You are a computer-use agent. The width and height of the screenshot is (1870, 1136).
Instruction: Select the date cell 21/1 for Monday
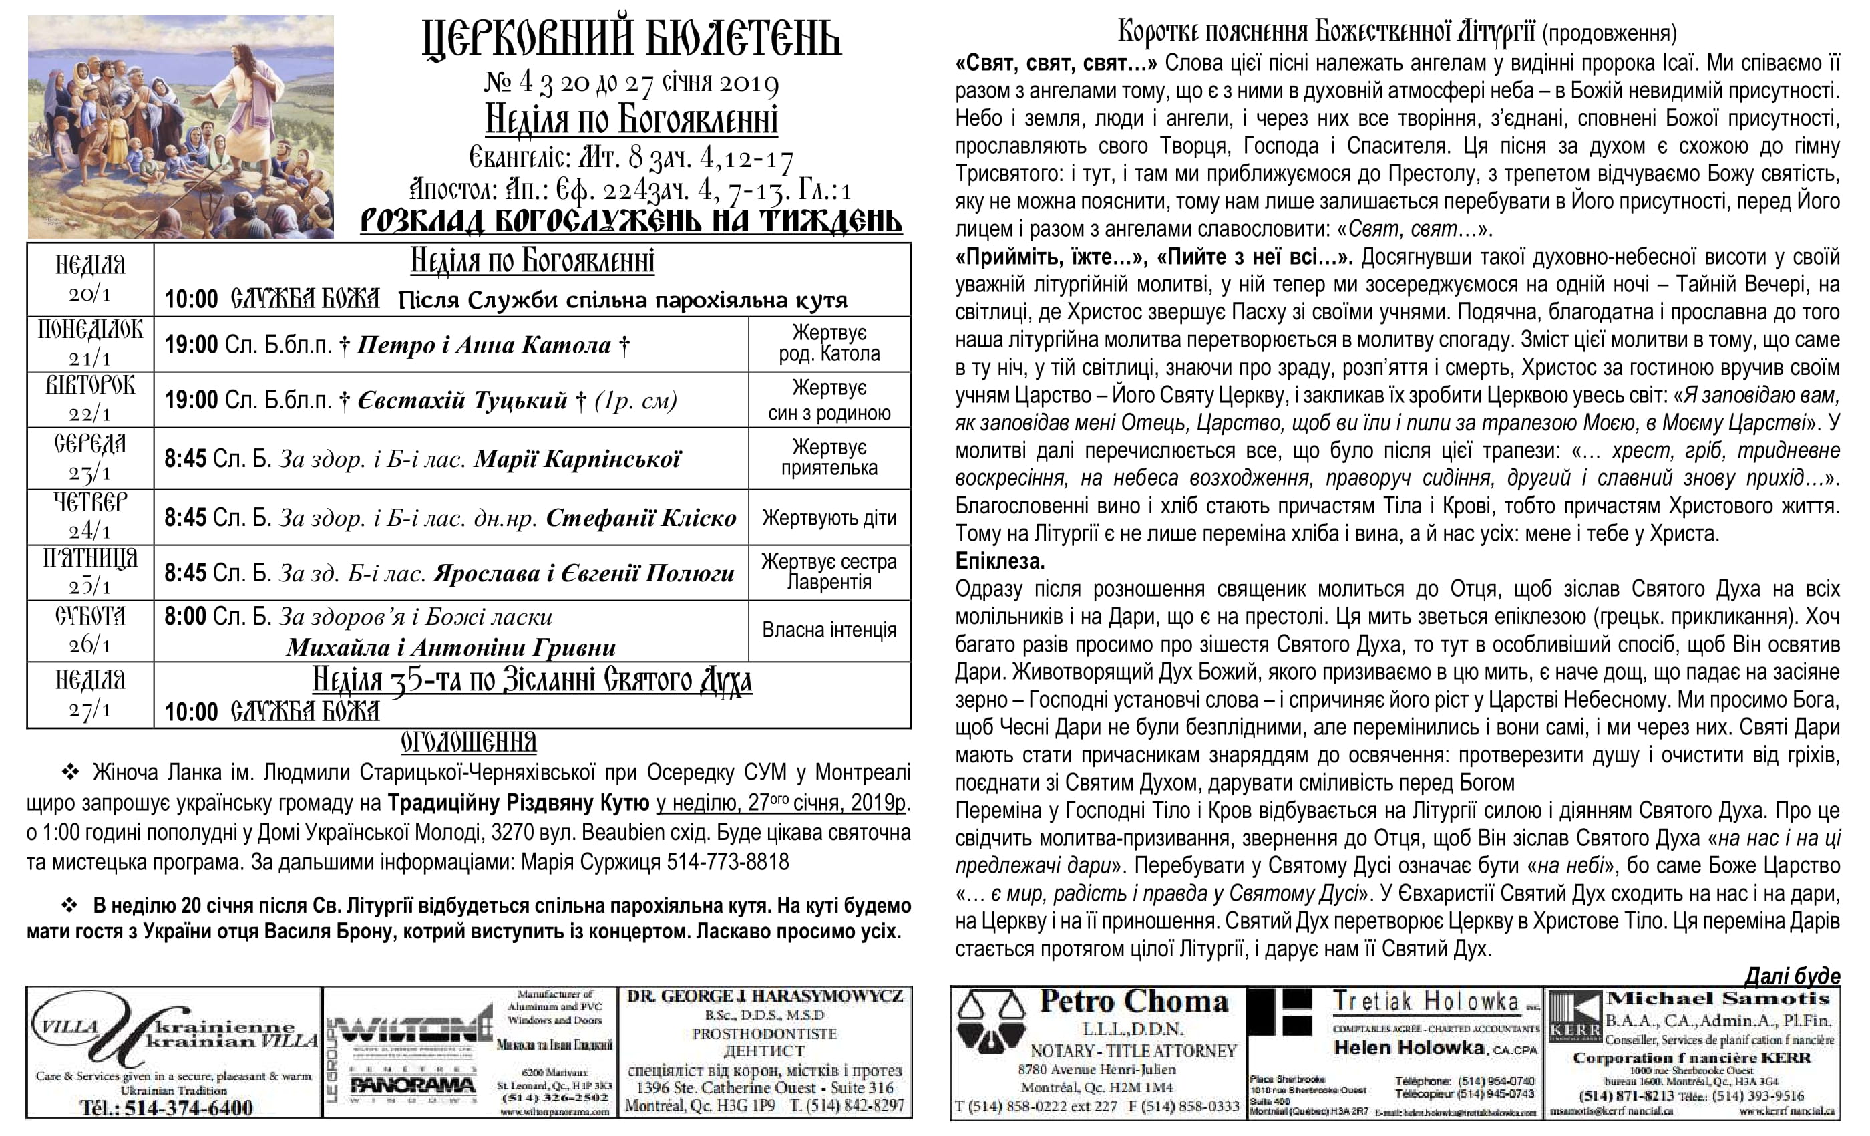[x=90, y=358]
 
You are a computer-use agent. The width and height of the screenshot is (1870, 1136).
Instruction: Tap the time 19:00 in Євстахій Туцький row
[x=191, y=400]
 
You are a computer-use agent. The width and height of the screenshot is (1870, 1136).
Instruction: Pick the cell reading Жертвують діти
[x=829, y=518]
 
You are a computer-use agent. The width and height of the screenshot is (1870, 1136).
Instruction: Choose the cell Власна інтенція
[x=829, y=630]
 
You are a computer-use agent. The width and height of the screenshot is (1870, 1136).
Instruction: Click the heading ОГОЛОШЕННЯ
[x=468, y=742]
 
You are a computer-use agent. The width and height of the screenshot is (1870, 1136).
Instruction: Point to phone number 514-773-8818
[x=728, y=863]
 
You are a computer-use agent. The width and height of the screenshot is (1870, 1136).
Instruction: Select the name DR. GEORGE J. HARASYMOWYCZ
[x=765, y=996]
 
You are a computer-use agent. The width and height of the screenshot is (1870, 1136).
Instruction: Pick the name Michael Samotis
[x=1719, y=998]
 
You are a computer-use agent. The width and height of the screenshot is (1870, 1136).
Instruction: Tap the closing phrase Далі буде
[x=1792, y=976]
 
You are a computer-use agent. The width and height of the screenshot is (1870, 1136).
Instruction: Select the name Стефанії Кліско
[x=640, y=518]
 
